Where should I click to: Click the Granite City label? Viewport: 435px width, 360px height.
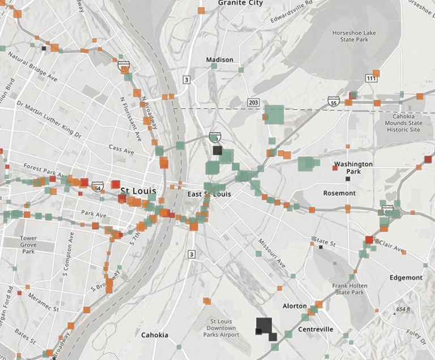coord(241,3)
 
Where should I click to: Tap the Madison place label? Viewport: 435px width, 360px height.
coord(219,60)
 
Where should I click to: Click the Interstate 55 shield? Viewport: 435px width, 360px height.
coord(334,101)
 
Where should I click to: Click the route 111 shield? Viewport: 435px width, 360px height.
coord(372,78)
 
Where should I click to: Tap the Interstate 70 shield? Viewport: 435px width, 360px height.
coord(123,66)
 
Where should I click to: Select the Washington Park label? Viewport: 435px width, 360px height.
coord(353,168)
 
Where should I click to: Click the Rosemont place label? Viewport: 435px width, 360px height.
coord(339,193)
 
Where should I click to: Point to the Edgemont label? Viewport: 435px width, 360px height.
coord(406,278)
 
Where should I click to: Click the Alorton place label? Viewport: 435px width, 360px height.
coord(295,306)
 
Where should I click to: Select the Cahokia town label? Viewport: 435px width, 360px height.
coord(155,335)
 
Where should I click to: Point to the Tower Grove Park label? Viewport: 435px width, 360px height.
coord(28,245)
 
